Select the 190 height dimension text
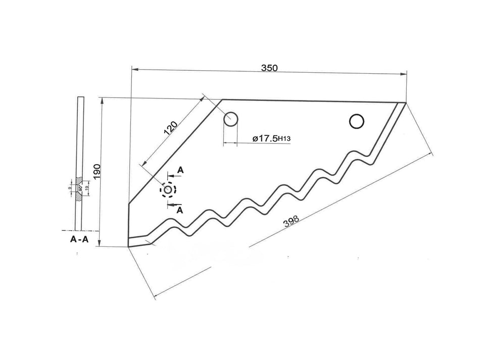[x=96, y=172]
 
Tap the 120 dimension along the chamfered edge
[x=171, y=130]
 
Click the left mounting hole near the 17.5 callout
[x=231, y=120]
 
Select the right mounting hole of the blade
[x=357, y=121]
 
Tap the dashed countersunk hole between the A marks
[x=168, y=190]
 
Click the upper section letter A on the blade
[x=180, y=171]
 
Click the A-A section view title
[x=80, y=239]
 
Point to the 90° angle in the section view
[x=80, y=188]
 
